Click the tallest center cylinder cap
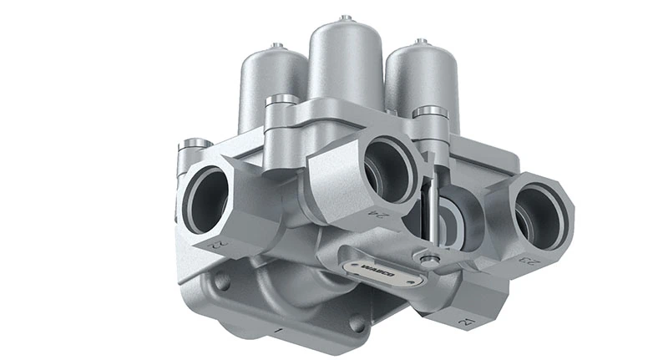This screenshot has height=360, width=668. [x=345, y=58]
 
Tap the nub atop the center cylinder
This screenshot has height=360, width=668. [x=346, y=17]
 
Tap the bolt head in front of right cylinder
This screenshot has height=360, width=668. [x=430, y=111]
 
